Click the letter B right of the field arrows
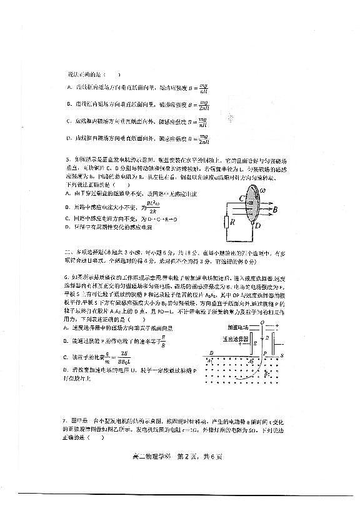pos(274,211)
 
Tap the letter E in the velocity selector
pos(254,343)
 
